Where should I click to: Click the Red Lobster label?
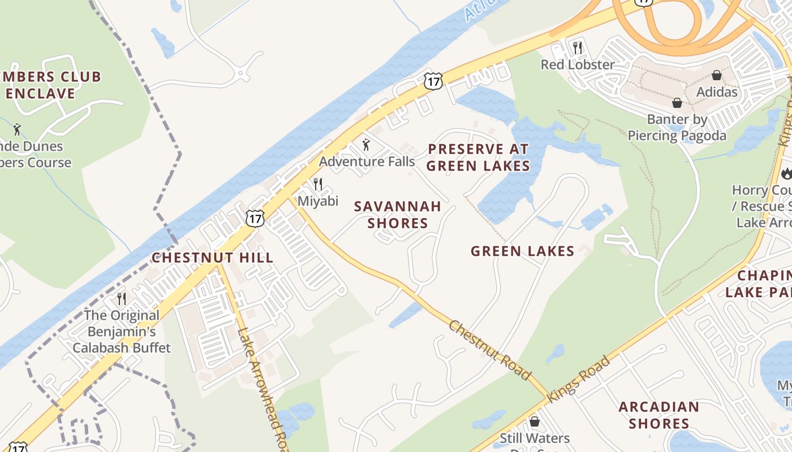click(577, 64)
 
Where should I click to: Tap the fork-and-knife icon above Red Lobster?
click(577, 48)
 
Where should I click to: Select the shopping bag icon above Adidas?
click(717, 75)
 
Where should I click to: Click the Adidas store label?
click(717, 92)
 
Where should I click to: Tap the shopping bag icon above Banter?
click(677, 103)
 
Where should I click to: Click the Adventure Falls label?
click(367, 162)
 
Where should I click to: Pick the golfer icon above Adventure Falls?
click(366, 145)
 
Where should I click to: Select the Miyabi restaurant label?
click(318, 201)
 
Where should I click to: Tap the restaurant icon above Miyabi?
click(318, 184)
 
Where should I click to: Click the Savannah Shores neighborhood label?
click(398, 215)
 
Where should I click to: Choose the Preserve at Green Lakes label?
click(478, 157)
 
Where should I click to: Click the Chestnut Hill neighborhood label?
click(213, 258)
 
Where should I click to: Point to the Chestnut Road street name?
click(490, 350)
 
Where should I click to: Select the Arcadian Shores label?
click(658, 415)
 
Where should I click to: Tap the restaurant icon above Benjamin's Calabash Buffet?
click(122, 298)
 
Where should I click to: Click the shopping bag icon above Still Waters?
click(534, 421)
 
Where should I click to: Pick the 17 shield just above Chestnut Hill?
click(255, 218)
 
